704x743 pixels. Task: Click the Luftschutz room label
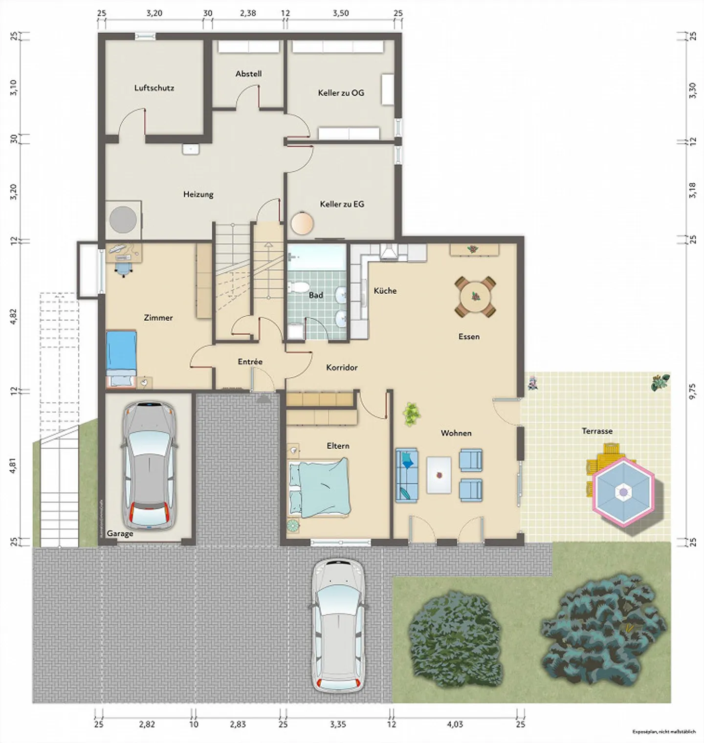154,88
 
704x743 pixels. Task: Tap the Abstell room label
248,74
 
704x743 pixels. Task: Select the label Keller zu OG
341,93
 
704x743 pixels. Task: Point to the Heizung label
198,194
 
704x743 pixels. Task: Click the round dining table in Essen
475,297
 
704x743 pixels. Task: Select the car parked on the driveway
338,625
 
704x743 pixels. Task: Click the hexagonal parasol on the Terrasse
623,492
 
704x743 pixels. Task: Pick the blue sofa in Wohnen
407,475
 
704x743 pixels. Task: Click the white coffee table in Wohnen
439,475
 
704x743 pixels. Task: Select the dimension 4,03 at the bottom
455,724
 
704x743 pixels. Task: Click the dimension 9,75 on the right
692,391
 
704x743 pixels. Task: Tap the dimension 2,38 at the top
248,13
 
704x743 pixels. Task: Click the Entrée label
250,362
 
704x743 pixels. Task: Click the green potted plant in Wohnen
412,414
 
